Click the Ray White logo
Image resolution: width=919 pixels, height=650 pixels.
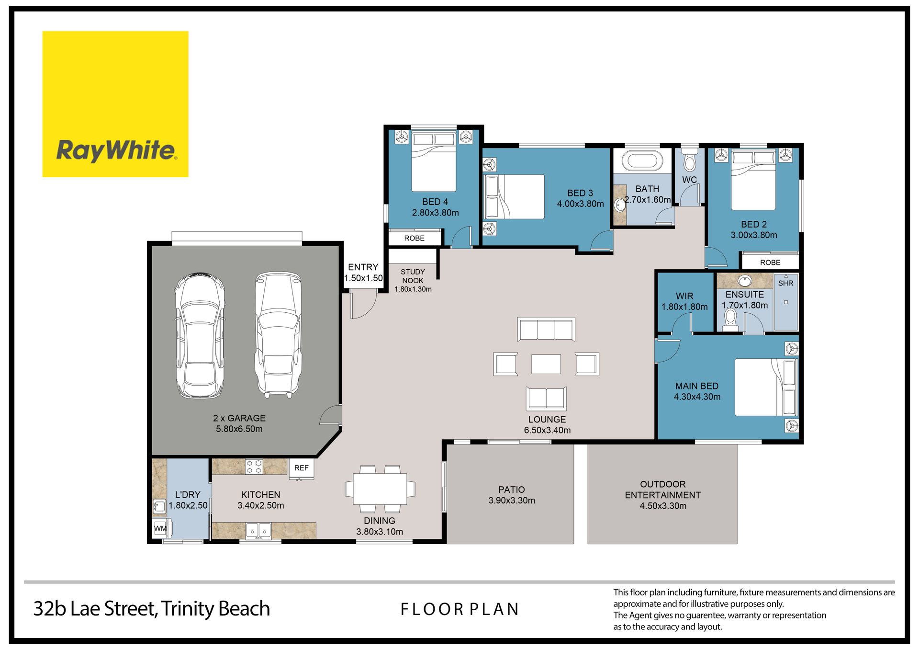115,104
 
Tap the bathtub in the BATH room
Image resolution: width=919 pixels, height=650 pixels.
642,160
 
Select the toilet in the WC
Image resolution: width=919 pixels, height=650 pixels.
689,160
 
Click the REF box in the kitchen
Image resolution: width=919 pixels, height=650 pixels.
302,468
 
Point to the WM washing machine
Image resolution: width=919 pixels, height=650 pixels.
160,528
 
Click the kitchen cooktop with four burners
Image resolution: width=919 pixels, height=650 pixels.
254,467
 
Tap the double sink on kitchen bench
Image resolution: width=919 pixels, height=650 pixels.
258,531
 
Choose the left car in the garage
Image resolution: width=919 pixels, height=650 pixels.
200,336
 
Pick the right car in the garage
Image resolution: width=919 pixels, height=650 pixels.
278,334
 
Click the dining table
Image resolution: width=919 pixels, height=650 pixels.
380,489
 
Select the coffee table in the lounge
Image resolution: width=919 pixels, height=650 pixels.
546,364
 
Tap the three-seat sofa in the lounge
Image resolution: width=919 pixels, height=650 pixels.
546,329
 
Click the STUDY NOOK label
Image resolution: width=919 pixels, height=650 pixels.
413,276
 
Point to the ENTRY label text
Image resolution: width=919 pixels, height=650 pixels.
363,267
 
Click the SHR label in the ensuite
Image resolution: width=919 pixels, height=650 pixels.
785,283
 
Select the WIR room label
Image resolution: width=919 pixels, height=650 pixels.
684,296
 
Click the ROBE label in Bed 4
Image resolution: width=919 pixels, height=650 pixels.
414,238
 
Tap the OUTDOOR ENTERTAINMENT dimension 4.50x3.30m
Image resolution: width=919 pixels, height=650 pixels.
663,506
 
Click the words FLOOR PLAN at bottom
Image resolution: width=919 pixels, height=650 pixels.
459,609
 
